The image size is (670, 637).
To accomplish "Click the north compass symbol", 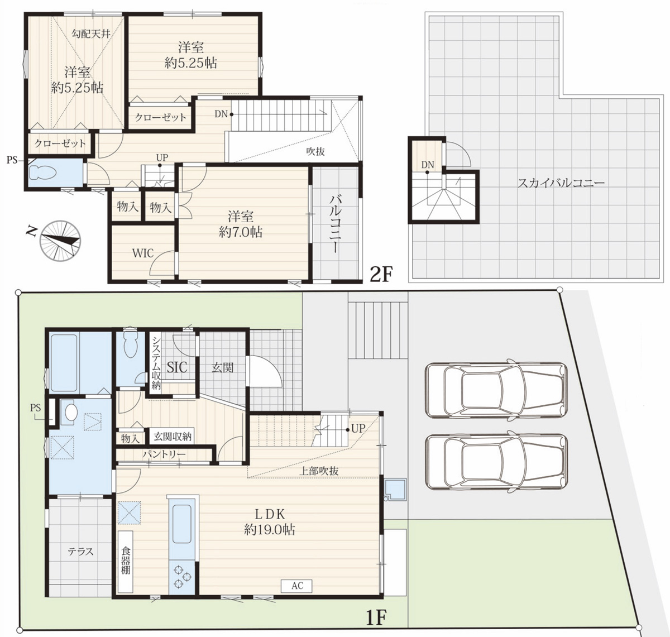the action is click(x=60, y=241).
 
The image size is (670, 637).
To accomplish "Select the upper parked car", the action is click(x=496, y=388).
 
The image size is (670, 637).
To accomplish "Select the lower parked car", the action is click(x=496, y=462).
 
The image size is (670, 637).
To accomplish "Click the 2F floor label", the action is click(x=381, y=274).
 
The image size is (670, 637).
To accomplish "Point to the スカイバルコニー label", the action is click(x=561, y=183).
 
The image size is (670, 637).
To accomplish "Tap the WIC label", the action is click(x=143, y=253).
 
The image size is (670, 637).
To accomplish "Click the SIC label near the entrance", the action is click(x=177, y=367).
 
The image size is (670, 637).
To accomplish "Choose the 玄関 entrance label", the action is click(x=223, y=367).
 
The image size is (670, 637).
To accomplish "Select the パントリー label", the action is click(x=164, y=454).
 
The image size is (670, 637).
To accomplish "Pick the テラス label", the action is click(x=80, y=551).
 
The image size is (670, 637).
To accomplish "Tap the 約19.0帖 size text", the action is click(x=270, y=530).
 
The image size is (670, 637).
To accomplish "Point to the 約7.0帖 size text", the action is click(x=240, y=232).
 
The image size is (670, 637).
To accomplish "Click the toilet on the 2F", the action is click(x=42, y=173).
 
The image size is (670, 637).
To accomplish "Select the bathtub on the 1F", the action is click(x=64, y=363).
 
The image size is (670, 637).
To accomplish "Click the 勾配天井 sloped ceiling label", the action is click(x=91, y=34).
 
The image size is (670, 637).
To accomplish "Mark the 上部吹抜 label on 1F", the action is click(x=319, y=471).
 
